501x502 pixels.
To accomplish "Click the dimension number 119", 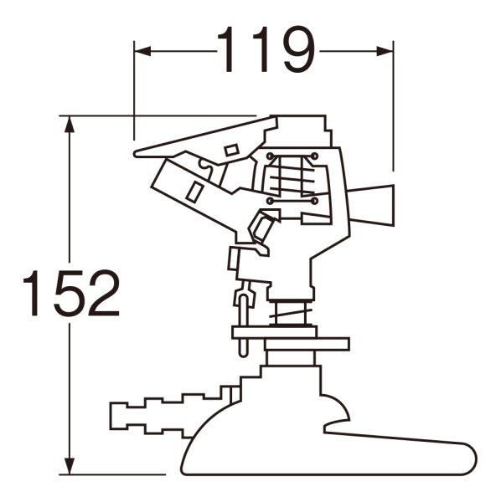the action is tap(266, 49).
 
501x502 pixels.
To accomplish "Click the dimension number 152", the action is tap(71, 293).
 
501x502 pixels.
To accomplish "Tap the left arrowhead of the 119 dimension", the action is tap(142, 51).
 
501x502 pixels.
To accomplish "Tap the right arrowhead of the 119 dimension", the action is tap(385, 51).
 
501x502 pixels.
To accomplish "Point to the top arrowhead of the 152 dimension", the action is tap(70, 124).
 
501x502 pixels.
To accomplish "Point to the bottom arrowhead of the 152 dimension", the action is tap(70, 466).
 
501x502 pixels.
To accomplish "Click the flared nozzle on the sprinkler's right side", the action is tap(371, 205).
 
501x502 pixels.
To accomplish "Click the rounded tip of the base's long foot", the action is tap(471, 458).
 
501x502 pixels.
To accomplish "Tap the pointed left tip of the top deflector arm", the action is tap(135, 153).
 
